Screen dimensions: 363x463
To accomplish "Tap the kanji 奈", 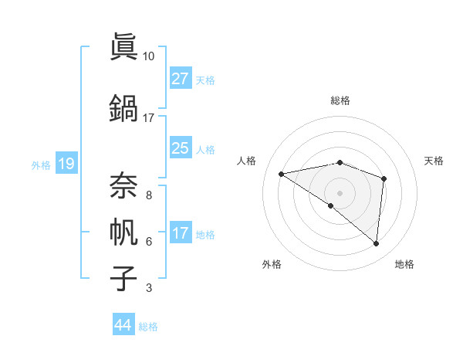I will [123, 184].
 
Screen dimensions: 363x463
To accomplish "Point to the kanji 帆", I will [123, 232].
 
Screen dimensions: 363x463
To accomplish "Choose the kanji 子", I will [123, 279].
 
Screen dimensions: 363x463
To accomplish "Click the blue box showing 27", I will [181, 79].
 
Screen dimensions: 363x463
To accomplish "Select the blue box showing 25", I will [181, 149].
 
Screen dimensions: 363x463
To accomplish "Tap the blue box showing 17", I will [181, 233].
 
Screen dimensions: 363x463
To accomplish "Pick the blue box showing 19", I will [66, 164].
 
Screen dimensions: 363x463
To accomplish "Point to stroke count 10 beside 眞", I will [149, 56].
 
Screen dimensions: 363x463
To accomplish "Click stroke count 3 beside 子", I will [149, 288].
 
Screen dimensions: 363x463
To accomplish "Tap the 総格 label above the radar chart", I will [340, 100].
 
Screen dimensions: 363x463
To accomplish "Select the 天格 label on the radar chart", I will [434, 161].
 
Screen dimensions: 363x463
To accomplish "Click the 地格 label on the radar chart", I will [404, 264].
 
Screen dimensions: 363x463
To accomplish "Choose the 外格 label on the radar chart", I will [272, 264].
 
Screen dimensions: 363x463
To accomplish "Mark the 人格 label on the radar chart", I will [247, 161].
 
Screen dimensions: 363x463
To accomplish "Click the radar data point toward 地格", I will [377, 244].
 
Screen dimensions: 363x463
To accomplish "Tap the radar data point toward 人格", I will [282, 174].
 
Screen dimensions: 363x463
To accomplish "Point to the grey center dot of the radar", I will [340, 192].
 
